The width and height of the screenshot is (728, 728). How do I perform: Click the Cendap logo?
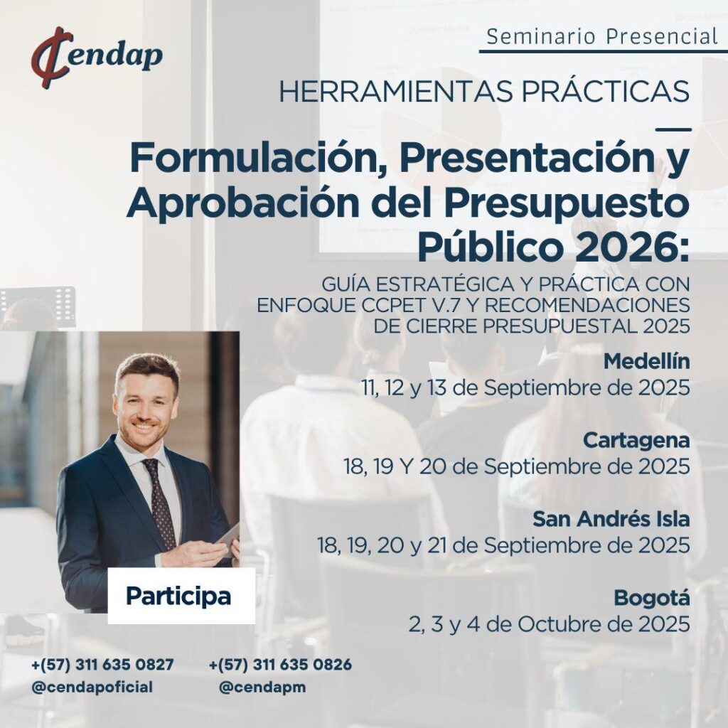point(97,58)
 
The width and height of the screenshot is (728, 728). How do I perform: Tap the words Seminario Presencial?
point(602,37)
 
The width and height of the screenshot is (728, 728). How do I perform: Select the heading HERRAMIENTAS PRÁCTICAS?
point(483,92)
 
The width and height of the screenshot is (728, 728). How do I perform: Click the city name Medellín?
point(646,362)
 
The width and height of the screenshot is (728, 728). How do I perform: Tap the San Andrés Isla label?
point(611,519)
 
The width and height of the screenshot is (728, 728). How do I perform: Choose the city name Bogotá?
point(652,598)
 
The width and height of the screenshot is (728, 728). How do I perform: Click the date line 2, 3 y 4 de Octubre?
point(550,624)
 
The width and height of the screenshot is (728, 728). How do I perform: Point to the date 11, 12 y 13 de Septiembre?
point(526,388)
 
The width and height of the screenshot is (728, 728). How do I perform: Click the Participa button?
point(181,596)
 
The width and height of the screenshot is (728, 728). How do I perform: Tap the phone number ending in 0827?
point(102,665)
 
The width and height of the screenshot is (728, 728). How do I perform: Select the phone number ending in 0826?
point(280,665)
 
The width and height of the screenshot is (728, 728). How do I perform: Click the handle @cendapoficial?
point(92,687)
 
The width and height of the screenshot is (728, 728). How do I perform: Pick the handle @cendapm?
point(262,687)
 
